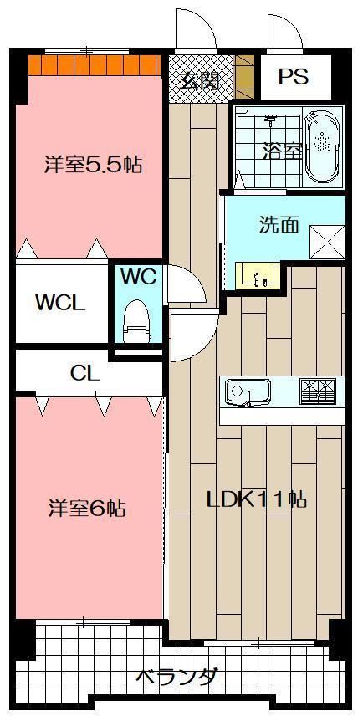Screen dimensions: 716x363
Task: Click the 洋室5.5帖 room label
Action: point(92,165)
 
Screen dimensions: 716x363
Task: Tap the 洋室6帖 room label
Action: point(86,508)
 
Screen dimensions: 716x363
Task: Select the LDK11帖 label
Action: point(257,499)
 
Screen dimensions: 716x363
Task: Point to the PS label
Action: point(294,77)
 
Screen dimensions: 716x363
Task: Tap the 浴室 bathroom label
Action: point(281,151)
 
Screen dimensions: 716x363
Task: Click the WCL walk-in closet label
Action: point(59,303)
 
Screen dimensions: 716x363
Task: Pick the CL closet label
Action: point(85,374)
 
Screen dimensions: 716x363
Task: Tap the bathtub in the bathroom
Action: point(322,147)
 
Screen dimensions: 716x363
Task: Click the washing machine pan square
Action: point(327,242)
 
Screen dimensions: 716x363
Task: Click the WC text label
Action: point(138,277)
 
